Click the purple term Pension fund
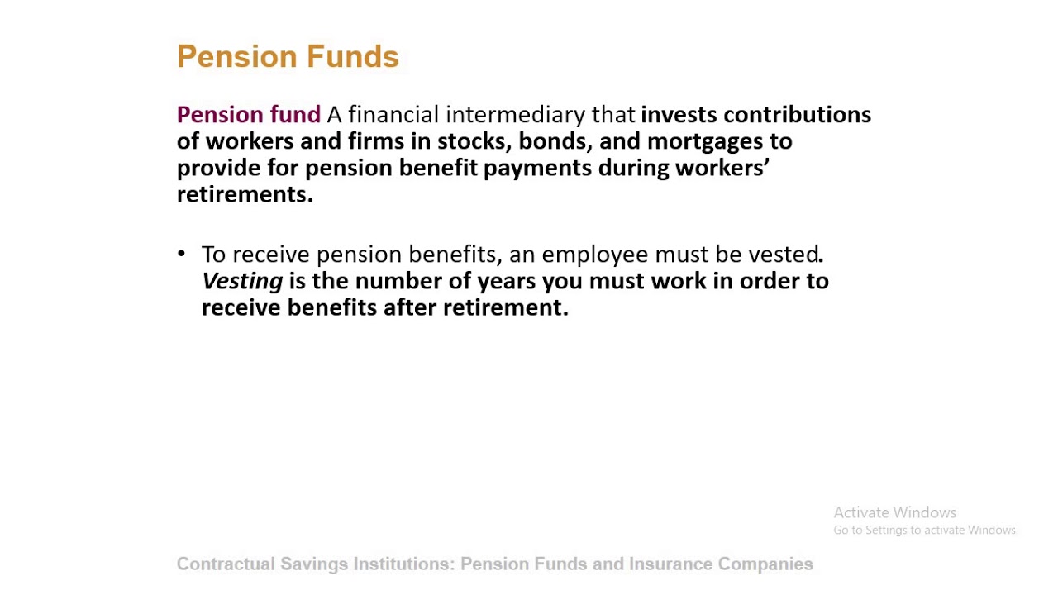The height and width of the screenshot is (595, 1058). pos(248,114)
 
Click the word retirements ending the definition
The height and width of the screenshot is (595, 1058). pos(243,194)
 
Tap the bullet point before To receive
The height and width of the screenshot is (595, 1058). pos(182,254)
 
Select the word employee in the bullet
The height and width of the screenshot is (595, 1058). pos(594,255)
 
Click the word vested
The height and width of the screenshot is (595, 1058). pos(783,254)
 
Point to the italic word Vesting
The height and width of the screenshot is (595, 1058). pos(242,281)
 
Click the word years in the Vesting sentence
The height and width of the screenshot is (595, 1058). pos(506,281)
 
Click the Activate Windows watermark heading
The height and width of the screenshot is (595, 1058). pos(894,512)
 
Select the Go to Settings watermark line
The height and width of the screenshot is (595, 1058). pos(925,531)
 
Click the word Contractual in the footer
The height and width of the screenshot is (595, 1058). pos(225,564)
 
